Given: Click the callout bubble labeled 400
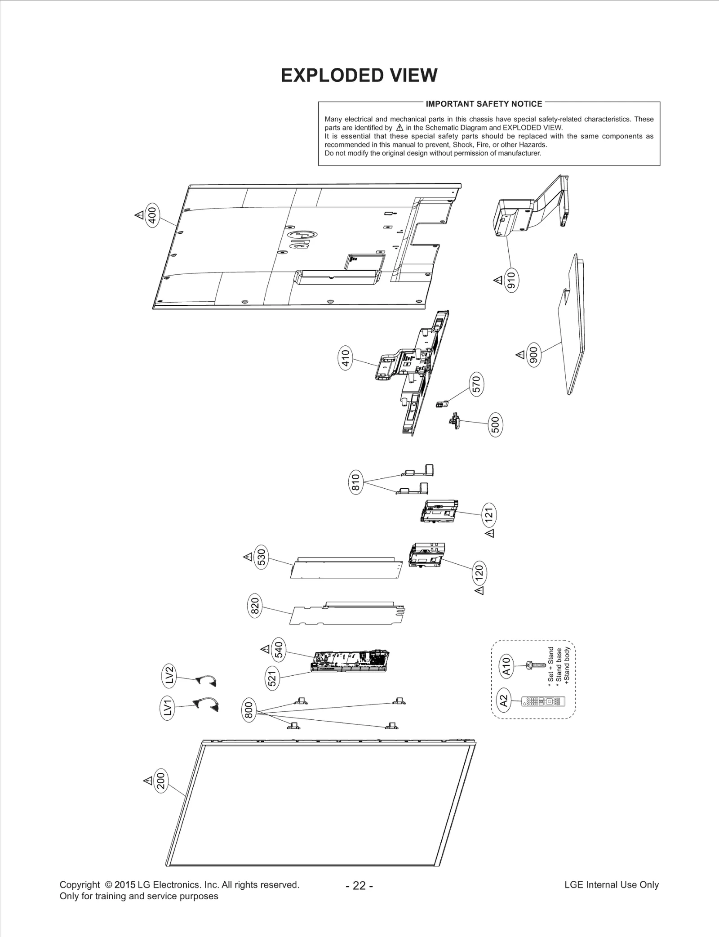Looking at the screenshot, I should tap(153, 215).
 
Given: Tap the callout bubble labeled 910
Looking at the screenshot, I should tap(511, 280).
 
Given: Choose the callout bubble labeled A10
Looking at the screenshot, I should tap(506, 666).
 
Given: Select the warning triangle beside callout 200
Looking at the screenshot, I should tap(147, 780).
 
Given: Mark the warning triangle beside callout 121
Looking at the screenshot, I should tap(490, 533).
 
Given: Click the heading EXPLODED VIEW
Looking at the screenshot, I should tap(359, 76).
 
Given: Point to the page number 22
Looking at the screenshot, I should tap(359, 885).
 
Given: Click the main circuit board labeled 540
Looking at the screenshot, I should tap(351, 660).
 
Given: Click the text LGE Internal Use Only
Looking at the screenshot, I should tap(611, 885).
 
